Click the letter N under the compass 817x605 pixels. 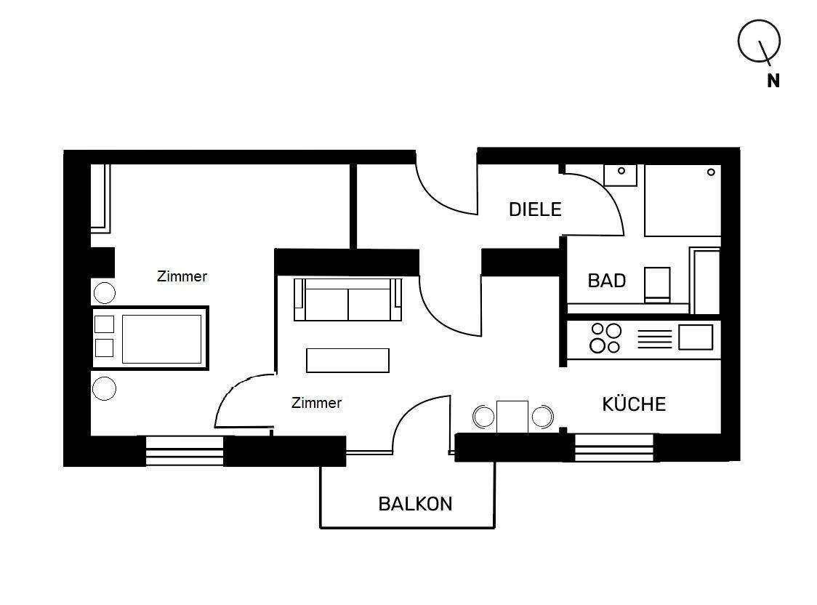pos(773,81)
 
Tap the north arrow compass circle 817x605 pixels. pos(759,41)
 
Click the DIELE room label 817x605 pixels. pos(535,209)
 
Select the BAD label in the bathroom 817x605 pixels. pos(606,281)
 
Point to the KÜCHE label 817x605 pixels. pos(634,404)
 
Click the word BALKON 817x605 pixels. pos(415,503)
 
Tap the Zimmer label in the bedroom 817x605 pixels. pos(182,276)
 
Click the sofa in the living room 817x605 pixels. pos(347,300)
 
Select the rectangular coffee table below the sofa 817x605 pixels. pos(347,360)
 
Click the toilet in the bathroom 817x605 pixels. pos(657,284)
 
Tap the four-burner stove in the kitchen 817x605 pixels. pos(605,338)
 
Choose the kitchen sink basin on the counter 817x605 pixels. pos(695,337)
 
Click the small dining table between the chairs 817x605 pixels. pos(512,416)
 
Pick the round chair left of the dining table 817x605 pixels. pos(483,417)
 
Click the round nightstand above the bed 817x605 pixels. pos(105,293)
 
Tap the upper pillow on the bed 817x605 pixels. pos(105,324)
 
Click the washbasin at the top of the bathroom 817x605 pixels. pos(621,175)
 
